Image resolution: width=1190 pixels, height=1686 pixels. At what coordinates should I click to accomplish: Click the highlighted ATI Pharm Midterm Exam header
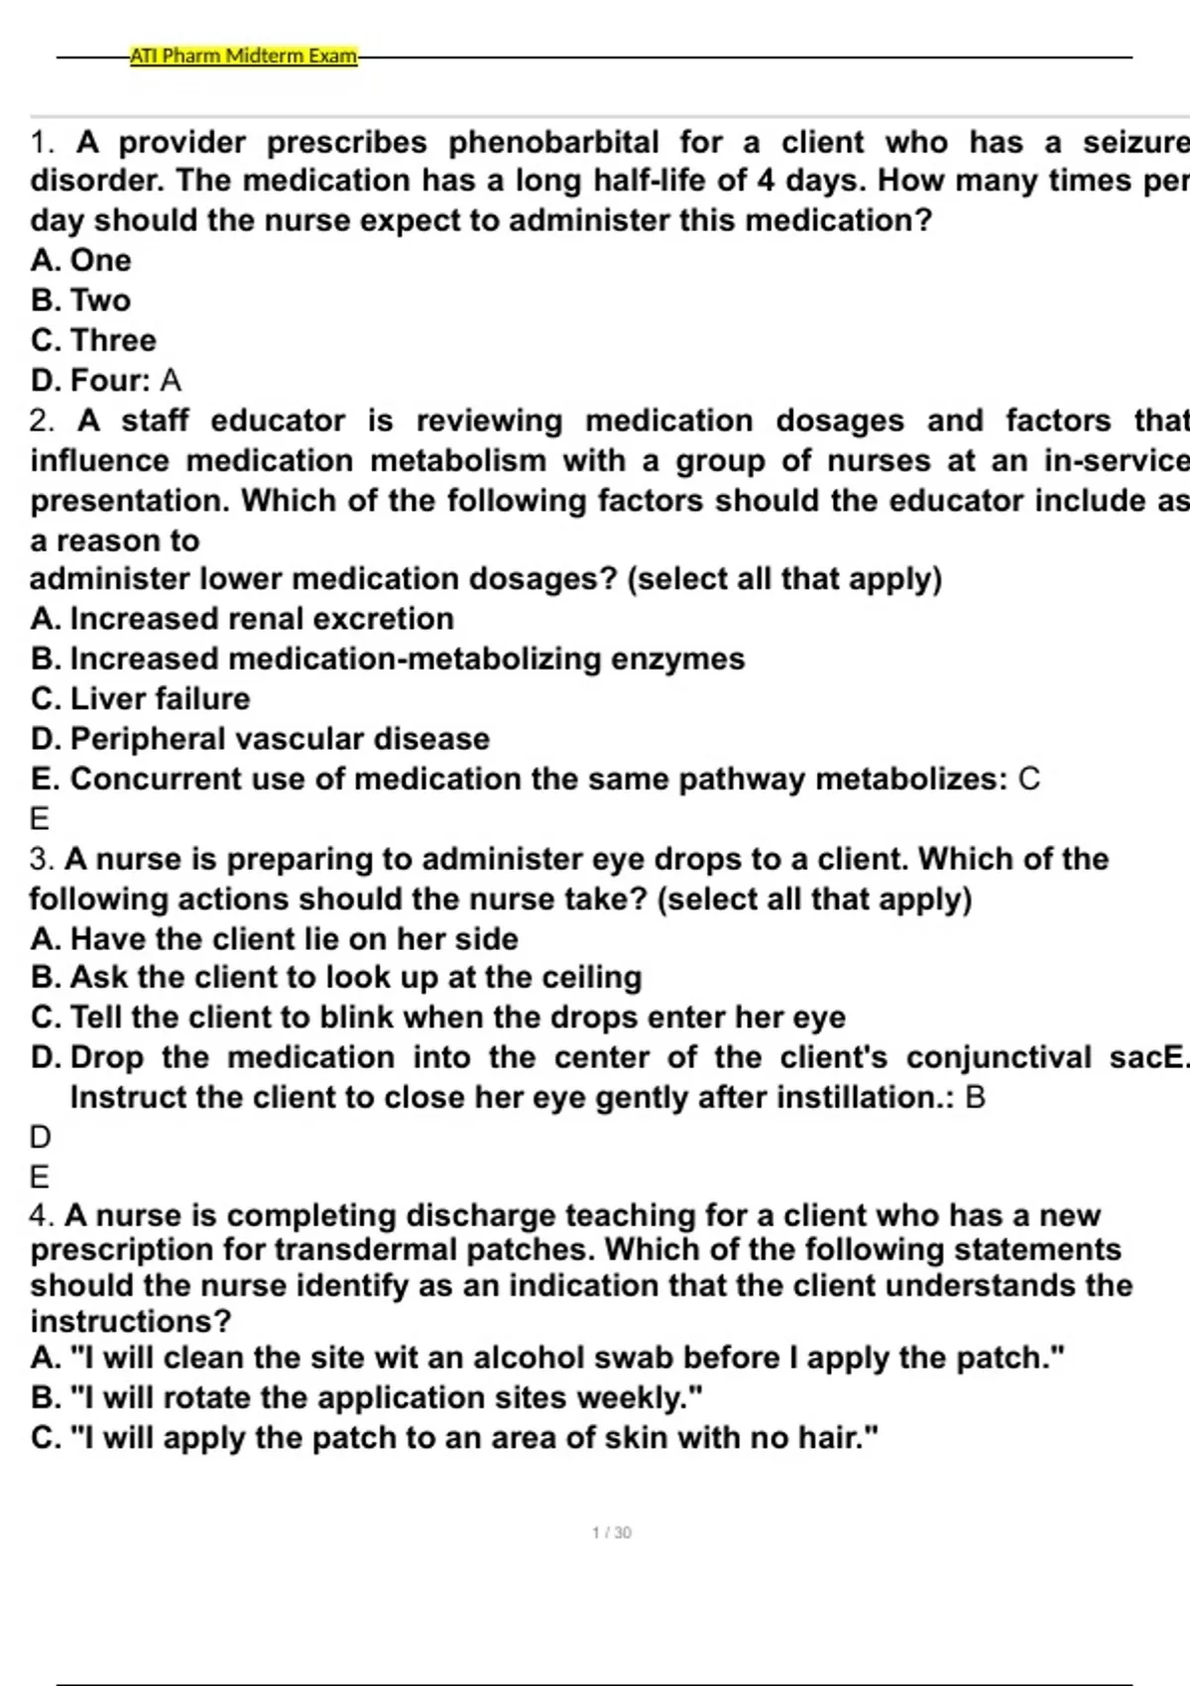(x=244, y=56)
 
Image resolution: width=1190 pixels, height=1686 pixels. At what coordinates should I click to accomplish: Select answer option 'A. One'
(x=81, y=260)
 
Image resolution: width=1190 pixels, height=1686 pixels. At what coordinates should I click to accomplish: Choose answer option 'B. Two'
(x=81, y=301)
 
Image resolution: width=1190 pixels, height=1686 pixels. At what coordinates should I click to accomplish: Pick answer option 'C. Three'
(x=94, y=340)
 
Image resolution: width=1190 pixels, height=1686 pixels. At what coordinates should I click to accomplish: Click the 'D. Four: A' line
(x=106, y=381)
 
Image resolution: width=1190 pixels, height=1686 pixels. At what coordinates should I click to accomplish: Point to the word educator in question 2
(x=278, y=421)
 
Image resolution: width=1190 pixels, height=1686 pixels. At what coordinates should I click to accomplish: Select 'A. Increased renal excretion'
(x=243, y=619)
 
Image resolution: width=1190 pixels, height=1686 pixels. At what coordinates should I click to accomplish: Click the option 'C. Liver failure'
(x=141, y=699)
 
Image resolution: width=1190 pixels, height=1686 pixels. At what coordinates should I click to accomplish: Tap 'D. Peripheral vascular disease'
(x=261, y=739)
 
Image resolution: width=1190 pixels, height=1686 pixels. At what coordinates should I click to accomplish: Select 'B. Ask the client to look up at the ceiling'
(x=337, y=978)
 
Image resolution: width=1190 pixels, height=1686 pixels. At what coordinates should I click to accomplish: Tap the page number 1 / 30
(x=612, y=1532)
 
